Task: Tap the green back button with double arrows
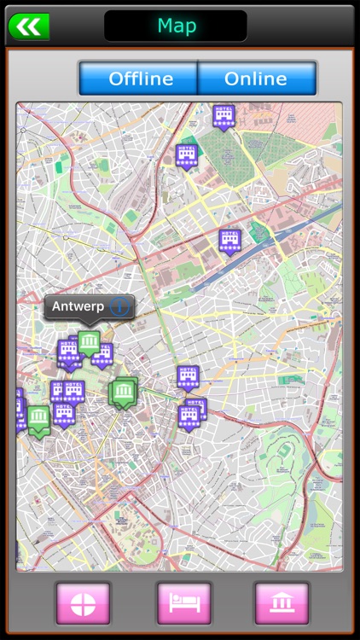click(x=28, y=26)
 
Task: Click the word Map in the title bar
click(x=177, y=26)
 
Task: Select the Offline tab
click(x=140, y=79)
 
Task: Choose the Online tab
click(x=255, y=79)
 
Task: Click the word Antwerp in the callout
click(x=78, y=306)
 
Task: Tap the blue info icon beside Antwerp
click(x=119, y=306)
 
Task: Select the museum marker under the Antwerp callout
click(x=90, y=343)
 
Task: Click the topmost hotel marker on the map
click(x=224, y=116)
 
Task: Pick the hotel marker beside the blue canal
click(x=229, y=241)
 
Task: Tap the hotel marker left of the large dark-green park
click(x=187, y=155)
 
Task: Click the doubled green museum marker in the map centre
click(x=124, y=393)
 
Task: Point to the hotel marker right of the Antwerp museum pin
click(x=103, y=352)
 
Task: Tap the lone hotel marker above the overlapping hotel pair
click(x=189, y=376)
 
